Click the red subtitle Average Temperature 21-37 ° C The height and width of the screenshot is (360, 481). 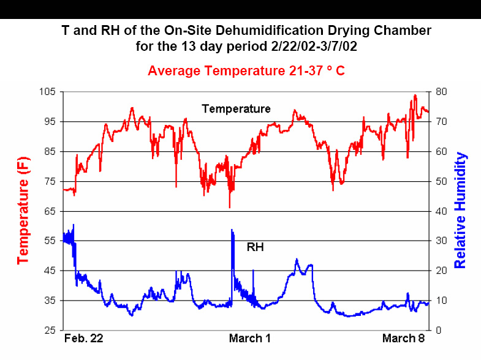click(246, 71)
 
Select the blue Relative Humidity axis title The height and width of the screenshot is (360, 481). click(461, 210)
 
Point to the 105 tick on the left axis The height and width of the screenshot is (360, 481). click(48, 92)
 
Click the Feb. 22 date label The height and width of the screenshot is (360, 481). click(84, 339)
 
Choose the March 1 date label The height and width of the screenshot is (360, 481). click(249, 339)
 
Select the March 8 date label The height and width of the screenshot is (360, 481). click(403, 339)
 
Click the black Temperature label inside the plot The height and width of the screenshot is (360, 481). click(236, 109)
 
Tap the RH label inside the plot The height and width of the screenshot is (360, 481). click(255, 247)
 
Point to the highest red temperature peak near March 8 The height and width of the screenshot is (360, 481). click(415, 96)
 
